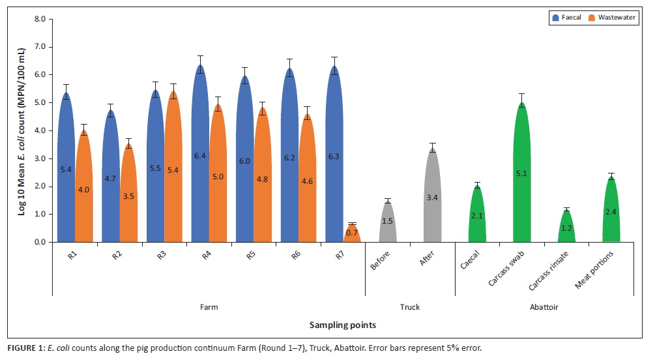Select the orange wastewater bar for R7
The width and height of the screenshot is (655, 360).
(352, 234)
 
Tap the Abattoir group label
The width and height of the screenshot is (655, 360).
(544, 307)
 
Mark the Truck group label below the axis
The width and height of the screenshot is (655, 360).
(409, 307)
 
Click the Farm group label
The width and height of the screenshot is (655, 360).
(208, 307)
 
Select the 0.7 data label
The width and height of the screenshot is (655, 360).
(352, 232)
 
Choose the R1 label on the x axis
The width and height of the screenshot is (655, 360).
(73, 256)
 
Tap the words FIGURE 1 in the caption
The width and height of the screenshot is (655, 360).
(22, 348)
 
